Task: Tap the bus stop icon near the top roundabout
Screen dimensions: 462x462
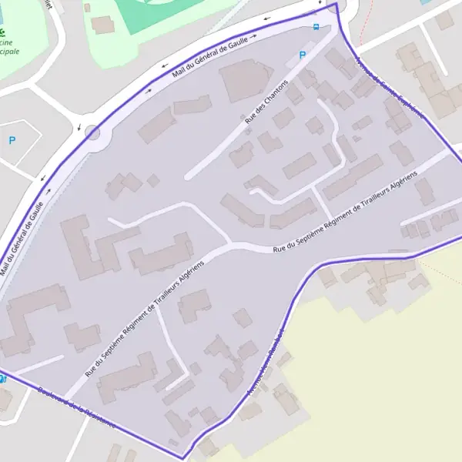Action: [x=316, y=27]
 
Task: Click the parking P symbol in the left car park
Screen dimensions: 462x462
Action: [x=12, y=140]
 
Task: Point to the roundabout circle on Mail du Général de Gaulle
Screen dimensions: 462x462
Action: [x=93, y=132]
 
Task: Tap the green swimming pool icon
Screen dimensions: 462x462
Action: [x=3, y=33]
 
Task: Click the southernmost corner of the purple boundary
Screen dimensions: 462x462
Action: [x=182, y=458]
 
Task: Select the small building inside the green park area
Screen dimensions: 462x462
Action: [x=102, y=25]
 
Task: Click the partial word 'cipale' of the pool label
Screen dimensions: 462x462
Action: [x=9, y=52]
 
